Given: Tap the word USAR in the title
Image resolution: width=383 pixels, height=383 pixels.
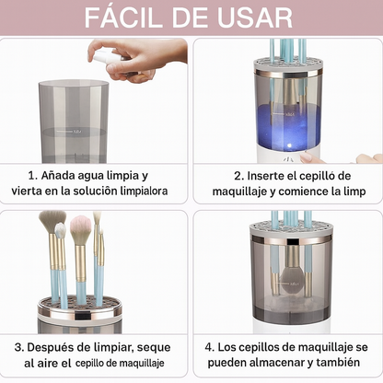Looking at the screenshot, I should click(256, 17).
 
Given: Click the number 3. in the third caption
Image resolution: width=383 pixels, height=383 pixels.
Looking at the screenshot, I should click(21, 348).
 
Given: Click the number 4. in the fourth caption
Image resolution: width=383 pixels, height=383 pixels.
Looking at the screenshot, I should click(209, 348).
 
